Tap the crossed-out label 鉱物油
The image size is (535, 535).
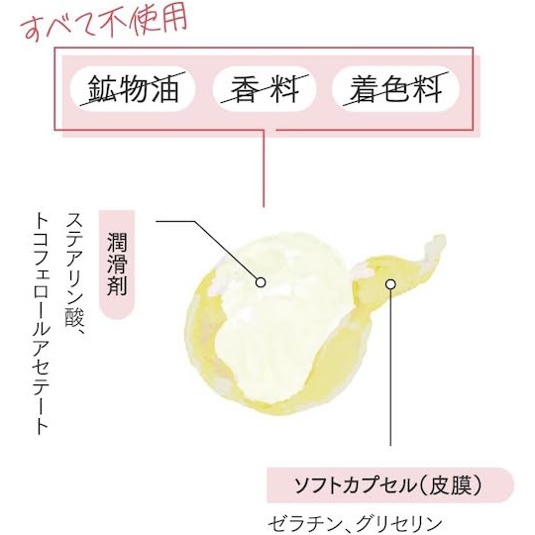(x=133, y=89)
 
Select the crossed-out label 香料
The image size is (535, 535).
(x=265, y=89)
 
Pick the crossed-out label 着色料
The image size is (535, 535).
(x=395, y=89)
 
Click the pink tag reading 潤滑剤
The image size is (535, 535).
(x=117, y=265)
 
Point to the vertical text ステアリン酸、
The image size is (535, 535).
(x=75, y=276)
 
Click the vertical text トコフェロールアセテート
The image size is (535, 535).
(x=43, y=324)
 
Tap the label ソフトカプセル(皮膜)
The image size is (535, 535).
(x=388, y=485)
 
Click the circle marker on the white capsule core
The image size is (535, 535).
(x=261, y=282)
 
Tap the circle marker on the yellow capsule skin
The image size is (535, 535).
(x=390, y=284)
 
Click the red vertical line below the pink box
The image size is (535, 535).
(x=264, y=168)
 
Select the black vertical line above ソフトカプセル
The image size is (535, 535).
(x=390, y=368)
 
